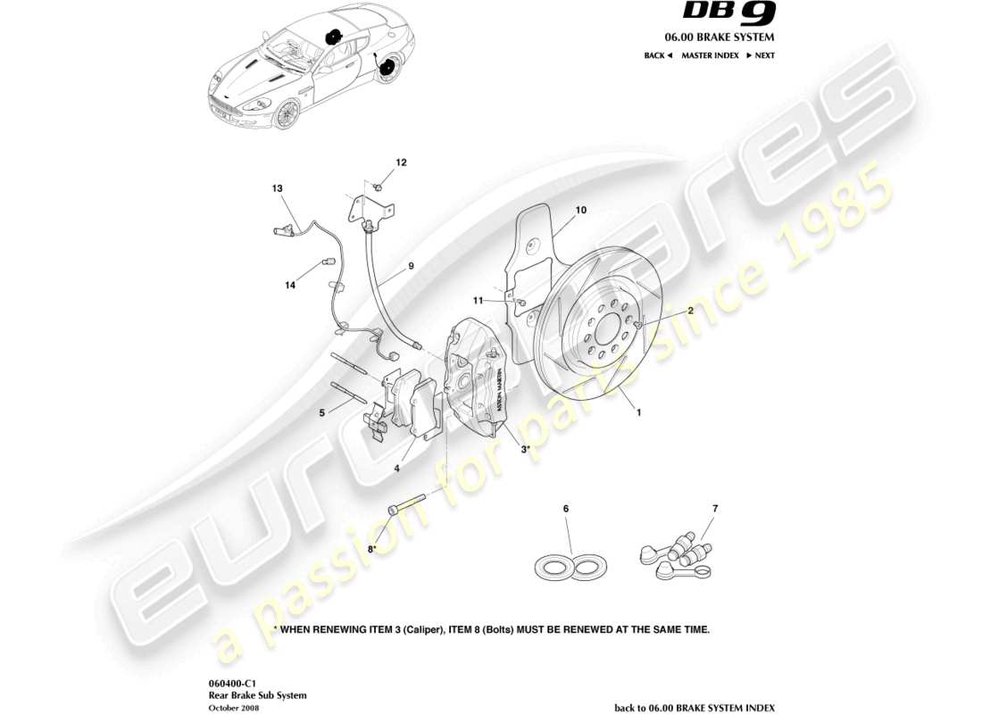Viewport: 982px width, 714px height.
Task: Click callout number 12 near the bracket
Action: click(x=401, y=162)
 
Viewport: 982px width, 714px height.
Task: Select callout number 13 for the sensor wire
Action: click(x=278, y=188)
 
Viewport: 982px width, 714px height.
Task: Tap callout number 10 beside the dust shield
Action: click(x=580, y=211)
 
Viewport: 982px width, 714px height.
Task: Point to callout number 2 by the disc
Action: click(x=690, y=311)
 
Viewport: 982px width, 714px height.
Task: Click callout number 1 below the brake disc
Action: click(x=638, y=413)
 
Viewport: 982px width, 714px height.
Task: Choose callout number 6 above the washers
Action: click(x=565, y=509)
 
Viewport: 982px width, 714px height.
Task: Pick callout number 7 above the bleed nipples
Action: click(x=714, y=509)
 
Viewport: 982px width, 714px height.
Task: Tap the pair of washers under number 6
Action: click(x=572, y=564)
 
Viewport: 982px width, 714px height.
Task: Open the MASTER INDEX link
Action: click(x=710, y=55)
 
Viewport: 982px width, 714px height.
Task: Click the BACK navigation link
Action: click(x=657, y=55)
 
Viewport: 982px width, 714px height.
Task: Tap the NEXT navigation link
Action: click(x=760, y=55)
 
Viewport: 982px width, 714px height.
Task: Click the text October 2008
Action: click(x=234, y=707)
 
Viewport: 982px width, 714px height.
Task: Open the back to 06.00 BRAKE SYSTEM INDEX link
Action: click(x=695, y=707)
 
